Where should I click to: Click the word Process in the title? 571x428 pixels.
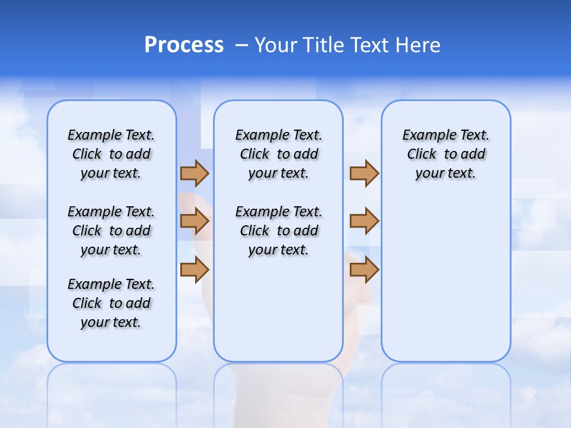coord(184,45)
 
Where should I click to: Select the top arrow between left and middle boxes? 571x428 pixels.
coord(194,173)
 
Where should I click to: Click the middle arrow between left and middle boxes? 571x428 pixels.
coord(194,221)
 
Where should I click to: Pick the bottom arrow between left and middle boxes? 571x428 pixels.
coord(194,269)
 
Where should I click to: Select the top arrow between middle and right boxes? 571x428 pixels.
coord(364,173)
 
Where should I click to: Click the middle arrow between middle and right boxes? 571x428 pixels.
coord(364,221)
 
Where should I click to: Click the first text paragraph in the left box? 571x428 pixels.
coord(111,154)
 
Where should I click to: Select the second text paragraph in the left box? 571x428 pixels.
coord(111,231)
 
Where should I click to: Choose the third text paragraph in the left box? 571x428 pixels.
coord(111,303)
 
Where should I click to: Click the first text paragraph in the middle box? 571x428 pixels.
coord(278,154)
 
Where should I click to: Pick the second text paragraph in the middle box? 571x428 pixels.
coord(278,231)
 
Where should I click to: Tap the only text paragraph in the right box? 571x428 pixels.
coord(445,154)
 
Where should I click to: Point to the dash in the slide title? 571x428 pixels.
coord(241,45)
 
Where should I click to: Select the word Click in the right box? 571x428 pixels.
coord(422,155)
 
